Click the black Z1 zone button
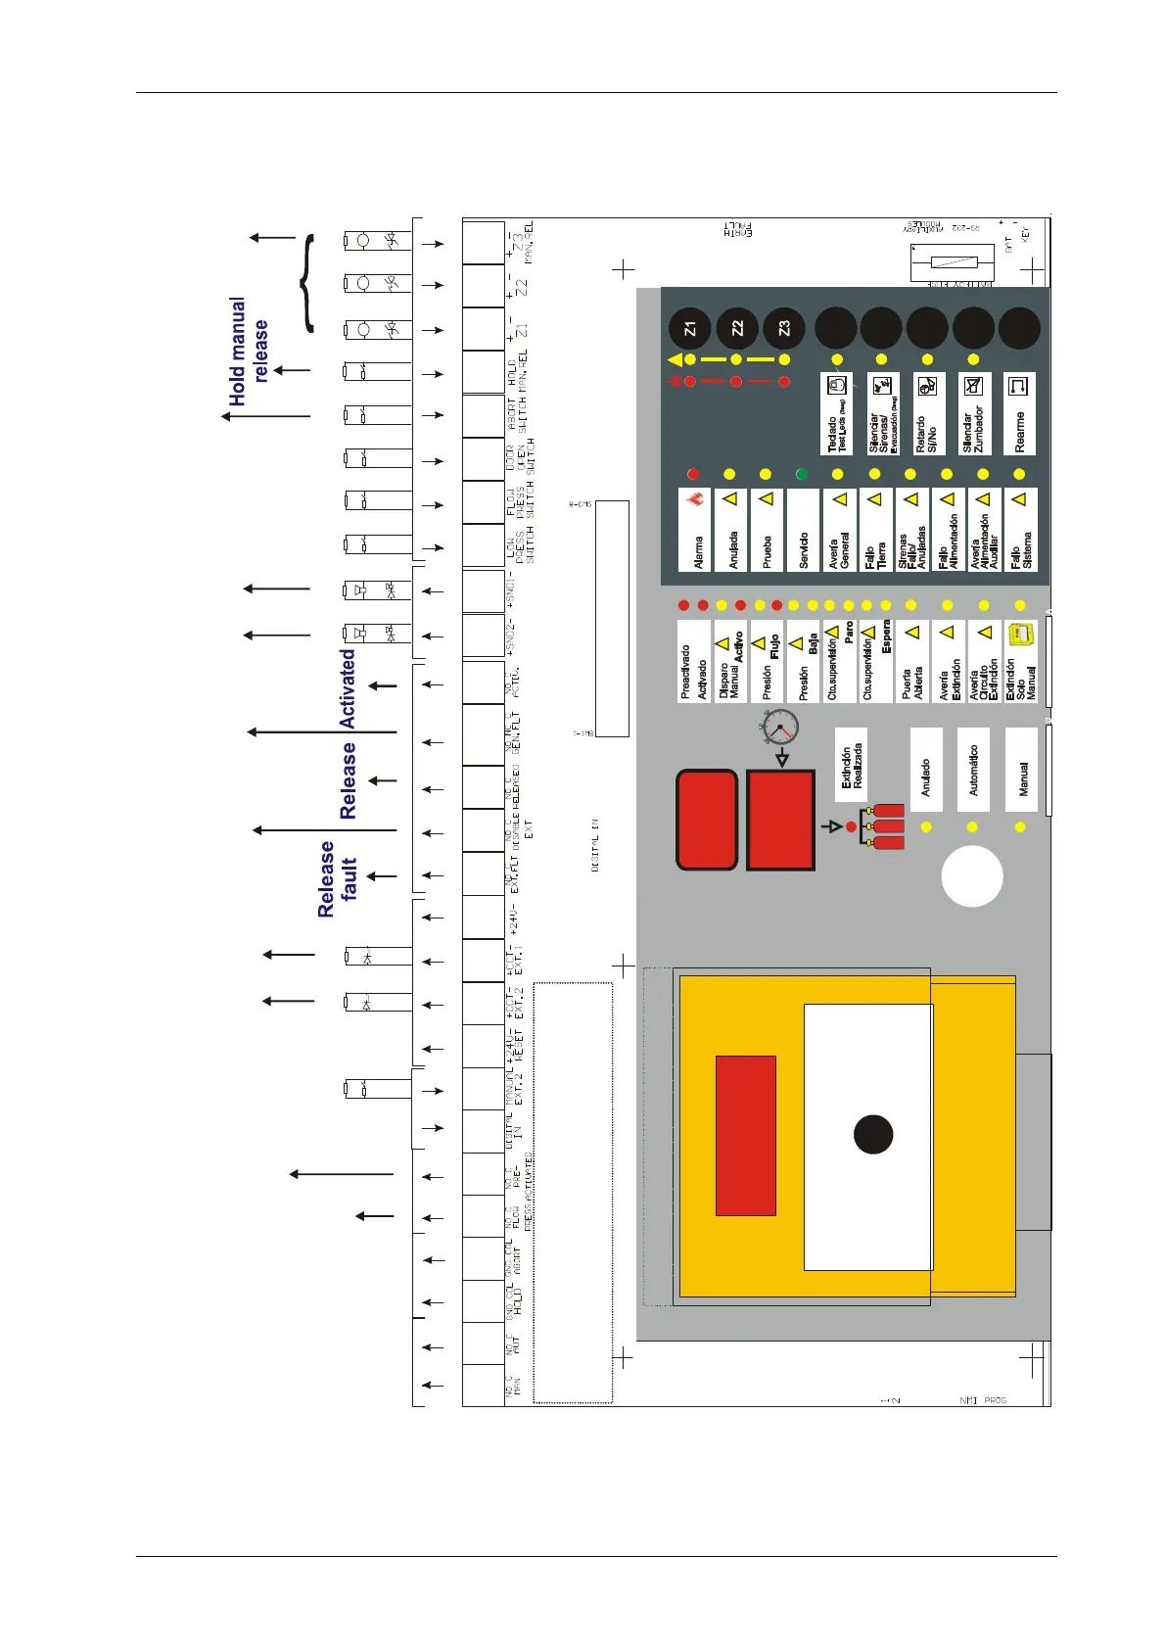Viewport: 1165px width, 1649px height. pos(690,328)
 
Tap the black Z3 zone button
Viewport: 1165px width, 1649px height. pos(783,328)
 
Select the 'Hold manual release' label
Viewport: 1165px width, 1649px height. pos(248,351)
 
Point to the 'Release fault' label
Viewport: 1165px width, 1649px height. pos(338,878)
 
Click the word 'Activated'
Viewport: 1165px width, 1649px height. pos(348,688)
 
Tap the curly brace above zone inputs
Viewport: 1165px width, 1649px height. pos(307,283)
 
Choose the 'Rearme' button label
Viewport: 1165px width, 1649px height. pos(1019,413)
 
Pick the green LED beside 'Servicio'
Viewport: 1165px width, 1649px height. pos(802,474)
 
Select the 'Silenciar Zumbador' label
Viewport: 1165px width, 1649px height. pos(973,413)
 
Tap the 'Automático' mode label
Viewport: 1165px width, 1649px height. pos(973,769)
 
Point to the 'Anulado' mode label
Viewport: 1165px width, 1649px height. pos(926,769)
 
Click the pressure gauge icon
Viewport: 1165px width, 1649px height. pos(780,728)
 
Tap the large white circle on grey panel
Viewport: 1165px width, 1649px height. pos(972,876)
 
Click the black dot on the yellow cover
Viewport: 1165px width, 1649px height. pos(873,1134)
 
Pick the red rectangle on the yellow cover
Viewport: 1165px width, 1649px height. pos(746,1135)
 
